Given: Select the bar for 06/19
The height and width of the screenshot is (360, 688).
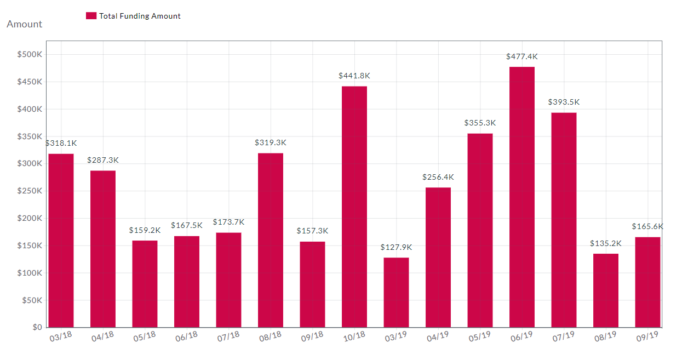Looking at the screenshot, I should [521, 197].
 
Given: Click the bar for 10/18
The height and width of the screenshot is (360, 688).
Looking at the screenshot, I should [354, 207].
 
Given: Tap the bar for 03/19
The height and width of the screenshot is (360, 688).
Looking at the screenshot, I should [396, 293].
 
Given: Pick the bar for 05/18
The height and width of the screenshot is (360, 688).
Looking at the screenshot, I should [145, 284].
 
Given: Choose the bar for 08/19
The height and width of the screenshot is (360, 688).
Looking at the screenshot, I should [605, 290].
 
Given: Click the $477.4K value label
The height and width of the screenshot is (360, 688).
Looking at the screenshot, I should [521, 56].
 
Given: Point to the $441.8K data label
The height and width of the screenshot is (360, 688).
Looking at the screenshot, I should [354, 76].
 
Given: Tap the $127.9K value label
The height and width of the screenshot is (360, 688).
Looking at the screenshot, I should [396, 247].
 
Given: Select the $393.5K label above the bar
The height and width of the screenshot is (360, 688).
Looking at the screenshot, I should [564, 102].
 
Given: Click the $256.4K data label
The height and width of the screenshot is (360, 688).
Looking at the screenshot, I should [438, 177].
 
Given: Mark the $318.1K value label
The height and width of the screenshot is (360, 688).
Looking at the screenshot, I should [61, 143].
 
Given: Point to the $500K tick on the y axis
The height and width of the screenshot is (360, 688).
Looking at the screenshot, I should [30, 55].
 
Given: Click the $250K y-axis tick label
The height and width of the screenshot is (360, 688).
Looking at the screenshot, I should [30, 191].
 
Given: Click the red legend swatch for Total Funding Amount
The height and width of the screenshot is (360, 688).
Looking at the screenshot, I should [91, 16].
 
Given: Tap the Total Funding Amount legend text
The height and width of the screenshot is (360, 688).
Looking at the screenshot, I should [140, 16].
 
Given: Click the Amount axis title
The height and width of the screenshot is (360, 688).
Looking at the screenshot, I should [24, 24].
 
